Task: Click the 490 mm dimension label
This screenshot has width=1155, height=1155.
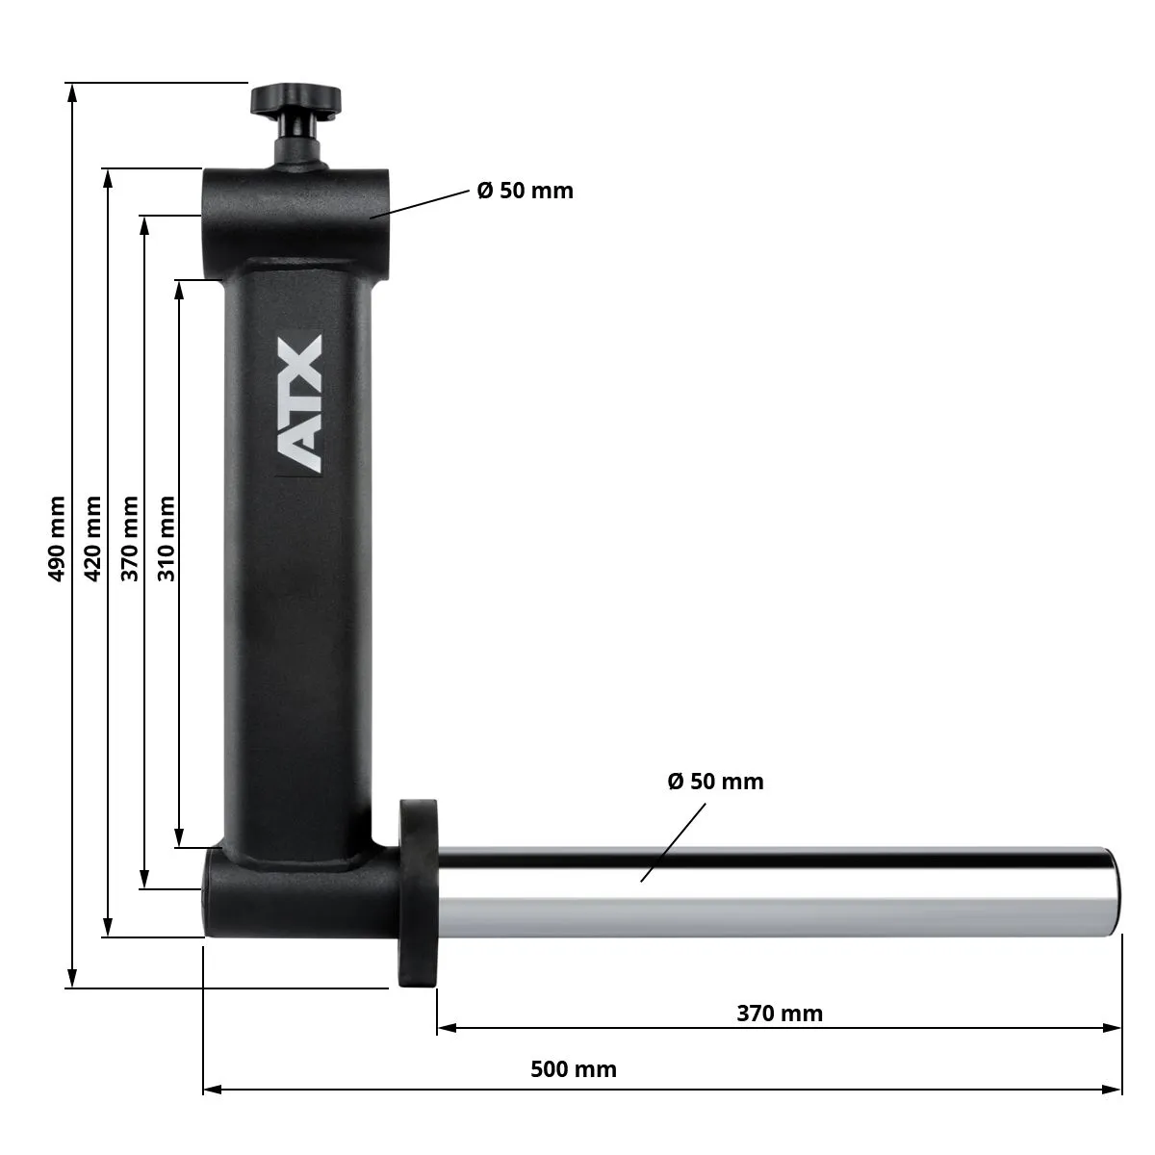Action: tap(57, 538)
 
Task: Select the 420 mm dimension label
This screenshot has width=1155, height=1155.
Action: tap(93, 538)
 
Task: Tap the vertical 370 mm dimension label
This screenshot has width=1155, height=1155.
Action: tap(130, 538)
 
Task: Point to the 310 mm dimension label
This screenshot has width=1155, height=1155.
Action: tap(167, 538)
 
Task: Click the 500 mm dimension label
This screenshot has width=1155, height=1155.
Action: tap(574, 1068)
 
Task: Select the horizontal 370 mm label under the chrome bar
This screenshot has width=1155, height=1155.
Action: tap(780, 1013)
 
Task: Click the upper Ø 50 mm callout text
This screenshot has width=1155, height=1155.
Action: tap(525, 191)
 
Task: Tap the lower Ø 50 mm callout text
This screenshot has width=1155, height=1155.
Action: tap(715, 781)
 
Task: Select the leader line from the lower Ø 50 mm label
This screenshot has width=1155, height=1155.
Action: tap(674, 842)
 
